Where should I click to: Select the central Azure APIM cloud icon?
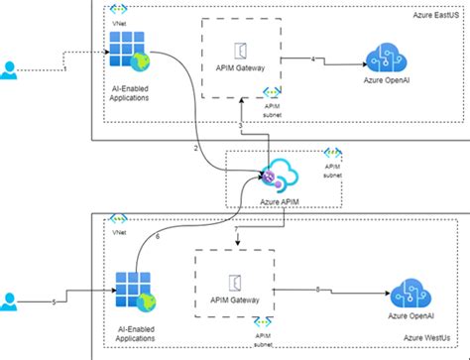280,176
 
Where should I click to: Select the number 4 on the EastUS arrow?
313,61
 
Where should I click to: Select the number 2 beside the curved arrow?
196,147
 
